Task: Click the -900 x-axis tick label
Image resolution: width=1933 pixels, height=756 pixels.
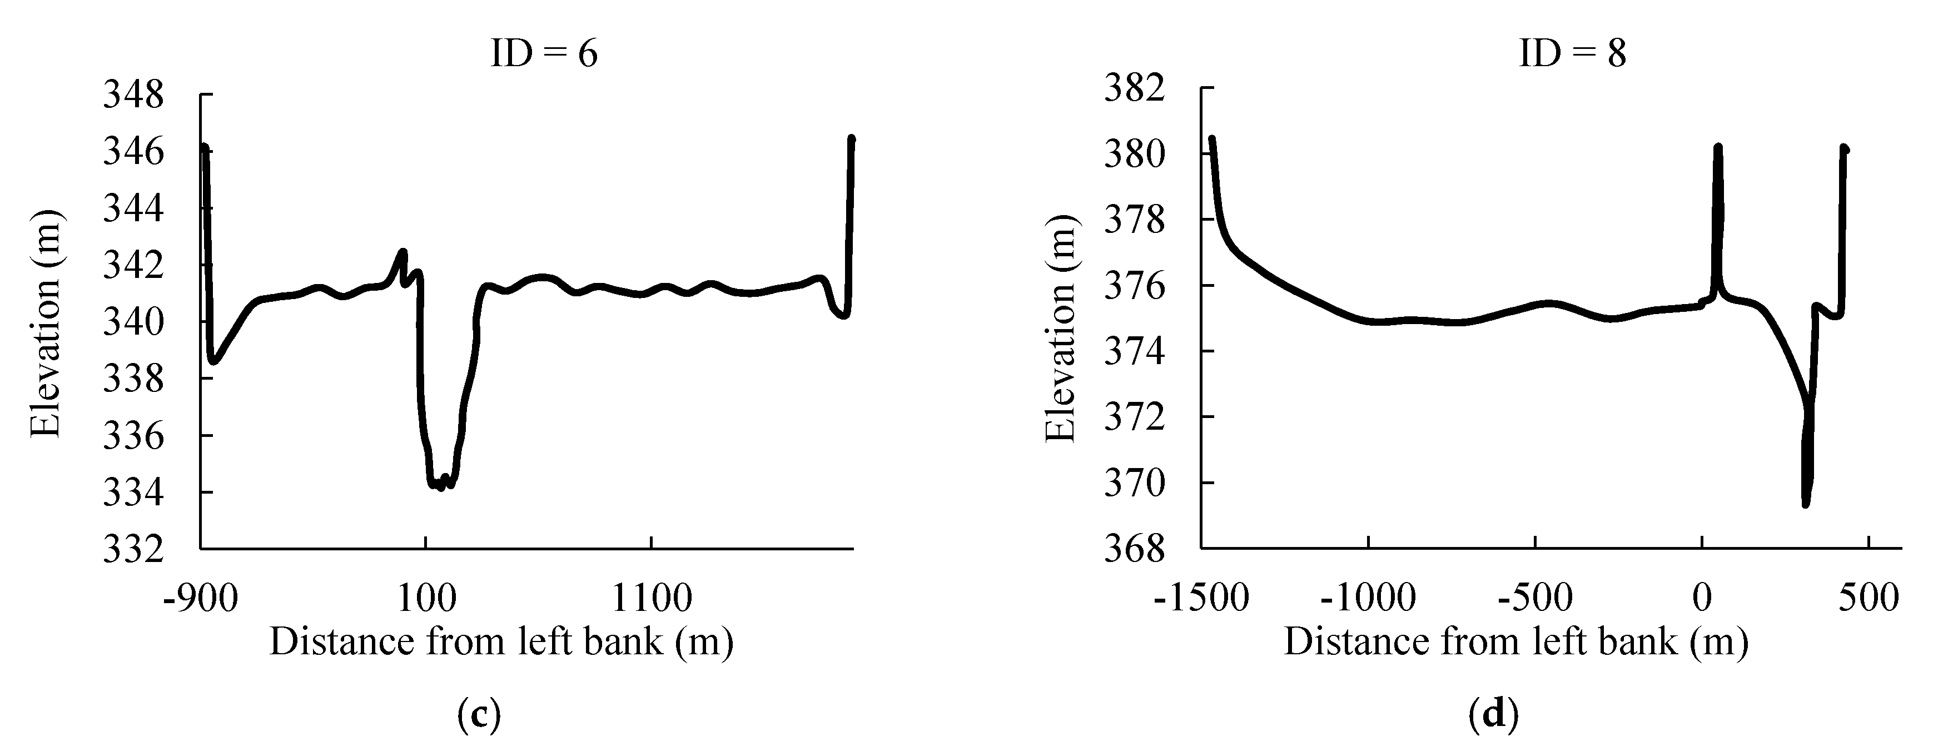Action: [x=200, y=599]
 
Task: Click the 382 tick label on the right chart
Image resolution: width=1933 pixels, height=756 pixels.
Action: [x=1135, y=88]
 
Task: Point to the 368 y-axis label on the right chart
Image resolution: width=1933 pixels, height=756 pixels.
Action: [x=1135, y=549]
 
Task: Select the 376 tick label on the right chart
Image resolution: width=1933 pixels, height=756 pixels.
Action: [x=1135, y=286]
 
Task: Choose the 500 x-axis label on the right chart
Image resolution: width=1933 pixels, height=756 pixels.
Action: [x=1868, y=599]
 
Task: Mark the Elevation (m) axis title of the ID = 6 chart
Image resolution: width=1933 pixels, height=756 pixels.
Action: [x=45, y=322]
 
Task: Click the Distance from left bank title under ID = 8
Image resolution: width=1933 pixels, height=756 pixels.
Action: [x=1516, y=642]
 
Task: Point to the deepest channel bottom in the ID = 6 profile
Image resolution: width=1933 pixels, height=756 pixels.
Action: [x=440, y=488]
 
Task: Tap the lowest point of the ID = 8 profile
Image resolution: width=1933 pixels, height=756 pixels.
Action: [x=1806, y=504]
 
